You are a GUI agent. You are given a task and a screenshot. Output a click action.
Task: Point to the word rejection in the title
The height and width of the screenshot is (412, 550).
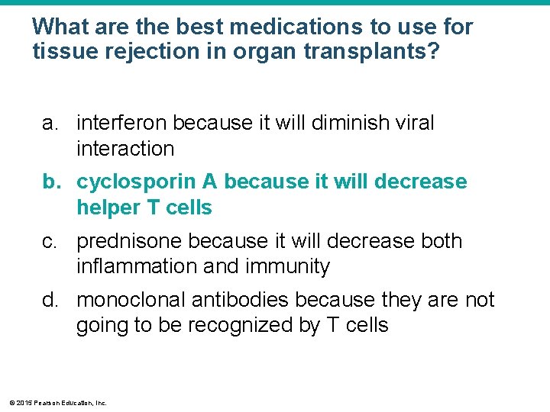(147, 52)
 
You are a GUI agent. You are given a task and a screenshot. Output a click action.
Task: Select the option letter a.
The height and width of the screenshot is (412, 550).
(49, 123)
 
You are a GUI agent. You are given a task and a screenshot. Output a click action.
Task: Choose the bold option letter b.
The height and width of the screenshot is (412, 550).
(50, 182)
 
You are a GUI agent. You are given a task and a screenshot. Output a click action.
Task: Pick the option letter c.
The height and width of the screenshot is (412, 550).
(49, 241)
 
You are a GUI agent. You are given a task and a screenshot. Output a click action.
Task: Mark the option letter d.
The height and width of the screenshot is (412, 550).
(50, 300)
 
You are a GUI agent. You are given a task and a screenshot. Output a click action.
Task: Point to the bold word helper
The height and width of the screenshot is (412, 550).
(108, 208)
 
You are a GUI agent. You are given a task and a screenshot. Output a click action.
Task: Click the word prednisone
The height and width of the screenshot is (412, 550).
(130, 241)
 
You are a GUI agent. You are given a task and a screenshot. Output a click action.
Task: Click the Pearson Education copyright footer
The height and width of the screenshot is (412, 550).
(57, 402)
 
